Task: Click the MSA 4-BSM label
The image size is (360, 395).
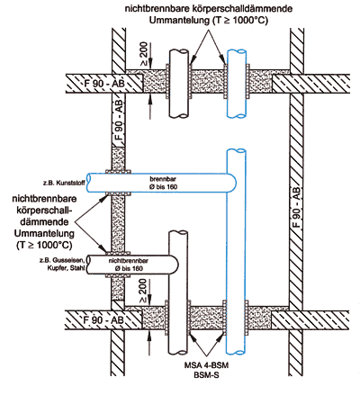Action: [206, 365]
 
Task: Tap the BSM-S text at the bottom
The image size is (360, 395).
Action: [206, 375]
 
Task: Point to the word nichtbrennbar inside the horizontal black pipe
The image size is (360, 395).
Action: [128, 261]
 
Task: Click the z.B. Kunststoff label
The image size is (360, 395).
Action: [64, 183]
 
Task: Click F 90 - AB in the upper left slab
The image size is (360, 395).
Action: [104, 83]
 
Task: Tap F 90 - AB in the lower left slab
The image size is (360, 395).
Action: [103, 320]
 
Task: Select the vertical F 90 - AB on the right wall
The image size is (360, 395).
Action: [296, 207]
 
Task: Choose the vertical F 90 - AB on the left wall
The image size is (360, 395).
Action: [120, 120]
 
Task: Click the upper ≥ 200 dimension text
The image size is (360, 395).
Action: [144, 54]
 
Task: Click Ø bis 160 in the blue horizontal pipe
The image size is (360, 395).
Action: [163, 187]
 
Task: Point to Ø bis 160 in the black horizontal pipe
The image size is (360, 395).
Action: [129, 268]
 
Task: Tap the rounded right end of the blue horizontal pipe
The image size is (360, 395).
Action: [233, 183]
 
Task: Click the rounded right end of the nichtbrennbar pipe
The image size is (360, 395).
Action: [175, 265]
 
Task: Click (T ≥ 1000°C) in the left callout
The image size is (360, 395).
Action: [44, 245]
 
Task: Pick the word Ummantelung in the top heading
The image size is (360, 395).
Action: [179, 21]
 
